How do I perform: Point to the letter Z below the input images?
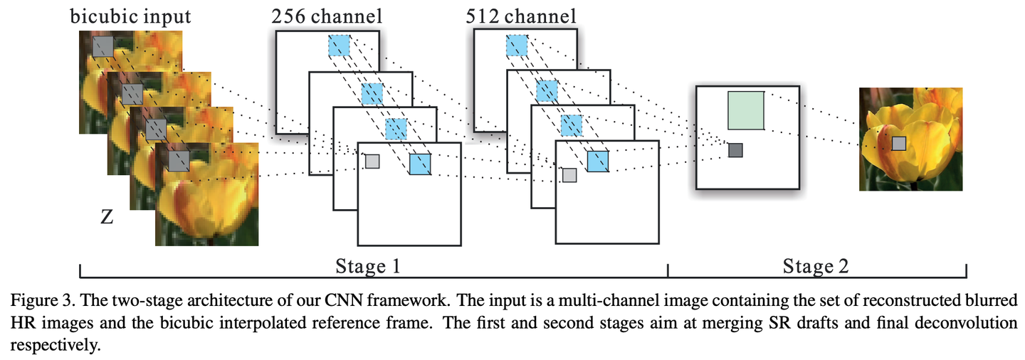pyautogui.click(x=107, y=218)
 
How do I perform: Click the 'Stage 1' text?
pyautogui.click(x=367, y=268)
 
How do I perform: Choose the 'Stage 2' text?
pyautogui.click(x=816, y=268)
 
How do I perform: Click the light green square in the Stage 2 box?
pyautogui.click(x=746, y=110)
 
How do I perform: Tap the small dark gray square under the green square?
pyautogui.click(x=735, y=150)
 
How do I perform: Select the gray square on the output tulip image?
pyautogui.click(x=900, y=144)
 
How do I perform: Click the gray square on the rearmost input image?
pyautogui.click(x=103, y=47)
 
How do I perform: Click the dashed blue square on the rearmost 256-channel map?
pyautogui.click(x=339, y=46)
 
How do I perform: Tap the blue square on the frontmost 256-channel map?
pyautogui.click(x=420, y=163)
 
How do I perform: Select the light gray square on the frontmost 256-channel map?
pyautogui.click(x=372, y=162)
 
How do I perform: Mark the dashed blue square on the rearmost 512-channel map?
pyautogui.click(x=517, y=46)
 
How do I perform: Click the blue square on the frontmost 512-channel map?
pyautogui.click(x=598, y=162)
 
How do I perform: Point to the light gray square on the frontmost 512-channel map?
pyautogui.click(x=569, y=174)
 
